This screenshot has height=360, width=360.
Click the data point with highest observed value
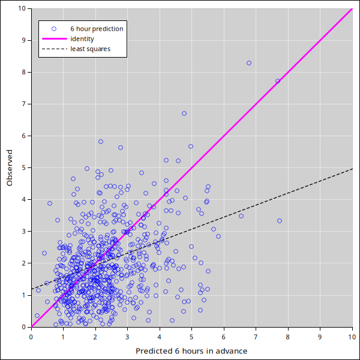[249, 63]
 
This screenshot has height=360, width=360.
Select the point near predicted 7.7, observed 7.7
[278, 81]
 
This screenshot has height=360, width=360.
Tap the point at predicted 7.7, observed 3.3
[280, 221]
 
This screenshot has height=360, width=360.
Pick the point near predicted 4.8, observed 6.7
[184, 113]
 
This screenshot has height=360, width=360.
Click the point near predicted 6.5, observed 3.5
[241, 216]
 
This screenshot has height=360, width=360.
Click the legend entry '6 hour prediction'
[97, 29]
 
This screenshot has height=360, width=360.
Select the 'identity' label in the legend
[82, 39]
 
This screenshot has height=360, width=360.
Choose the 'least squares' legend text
[91, 49]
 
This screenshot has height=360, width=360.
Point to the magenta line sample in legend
[53, 39]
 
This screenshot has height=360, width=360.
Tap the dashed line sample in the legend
[53, 49]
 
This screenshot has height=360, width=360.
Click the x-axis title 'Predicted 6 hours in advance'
[191, 350]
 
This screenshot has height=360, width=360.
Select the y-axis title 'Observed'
[10, 168]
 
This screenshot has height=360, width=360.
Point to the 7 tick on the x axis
[256, 336]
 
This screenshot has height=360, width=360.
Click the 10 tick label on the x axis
[352, 336]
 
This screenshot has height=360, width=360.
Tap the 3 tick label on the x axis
[127, 336]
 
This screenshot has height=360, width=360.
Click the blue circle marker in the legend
[53, 29]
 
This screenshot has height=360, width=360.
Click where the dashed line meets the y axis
[31, 289]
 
